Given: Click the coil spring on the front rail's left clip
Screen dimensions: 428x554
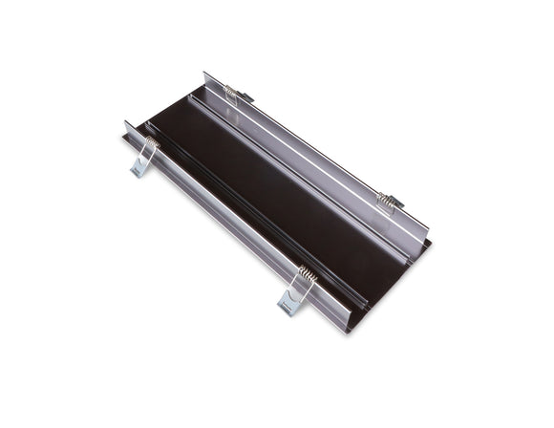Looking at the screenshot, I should (x=152, y=142).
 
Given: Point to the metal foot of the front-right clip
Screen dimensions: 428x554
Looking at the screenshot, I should (x=288, y=305).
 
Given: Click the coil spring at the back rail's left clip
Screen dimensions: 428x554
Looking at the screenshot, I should (x=230, y=91).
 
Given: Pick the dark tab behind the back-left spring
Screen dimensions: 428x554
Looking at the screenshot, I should (x=245, y=96).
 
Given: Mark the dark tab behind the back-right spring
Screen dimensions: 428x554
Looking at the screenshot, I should (x=396, y=203).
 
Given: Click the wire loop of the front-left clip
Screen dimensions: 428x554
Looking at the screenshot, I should (x=147, y=155).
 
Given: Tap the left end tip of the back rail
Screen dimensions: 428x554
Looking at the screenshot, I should (x=206, y=75).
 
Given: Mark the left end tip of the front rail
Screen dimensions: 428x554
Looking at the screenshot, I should (x=127, y=124).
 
